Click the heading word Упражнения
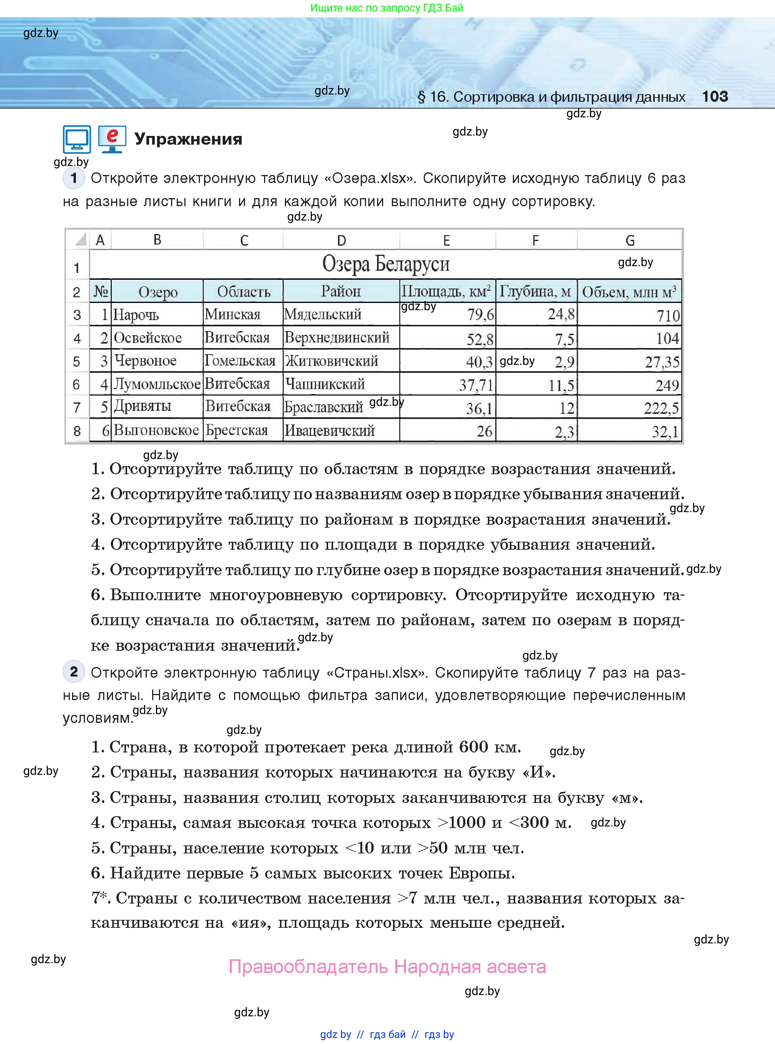[x=188, y=139]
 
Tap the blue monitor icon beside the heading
[x=77, y=139]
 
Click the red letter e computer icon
[x=112, y=139]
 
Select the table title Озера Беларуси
[x=386, y=264]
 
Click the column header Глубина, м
[x=535, y=292]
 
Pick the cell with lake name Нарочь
[x=136, y=314]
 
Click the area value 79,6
[x=480, y=314]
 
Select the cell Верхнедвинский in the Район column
[x=337, y=337]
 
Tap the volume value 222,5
[x=660, y=408]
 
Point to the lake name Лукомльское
[x=157, y=384]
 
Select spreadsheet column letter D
[x=341, y=240]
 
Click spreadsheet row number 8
[x=77, y=431]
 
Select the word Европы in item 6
[x=482, y=873]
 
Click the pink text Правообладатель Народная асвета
[x=387, y=967]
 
